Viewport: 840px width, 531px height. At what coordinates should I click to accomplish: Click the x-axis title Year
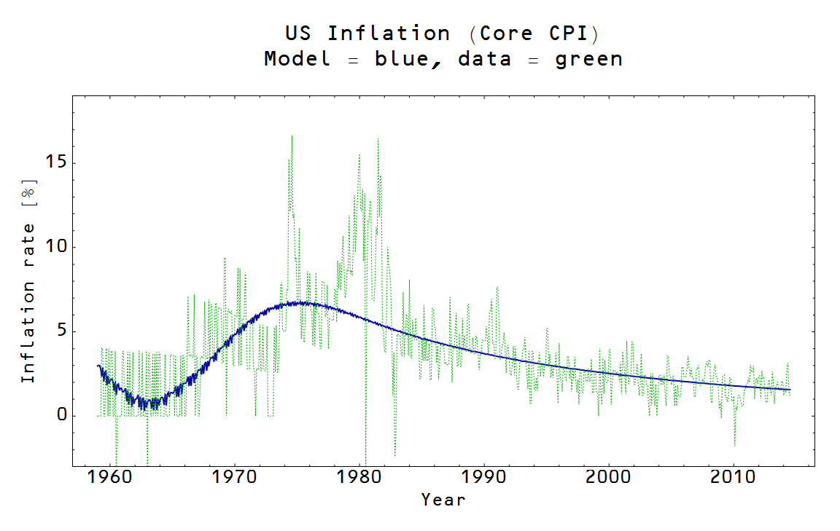click(443, 500)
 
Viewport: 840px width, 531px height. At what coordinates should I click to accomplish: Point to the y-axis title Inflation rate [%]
click(28, 280)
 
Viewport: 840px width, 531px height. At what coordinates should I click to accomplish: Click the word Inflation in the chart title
click(389, 34)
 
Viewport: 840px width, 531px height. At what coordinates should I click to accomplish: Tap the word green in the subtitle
click(589, 58)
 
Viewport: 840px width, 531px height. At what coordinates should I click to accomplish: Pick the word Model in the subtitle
click(297, 58)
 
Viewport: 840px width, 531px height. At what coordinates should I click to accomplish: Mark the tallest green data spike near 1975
click(292, 136)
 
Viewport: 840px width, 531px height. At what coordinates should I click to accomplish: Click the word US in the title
click(298, 34)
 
